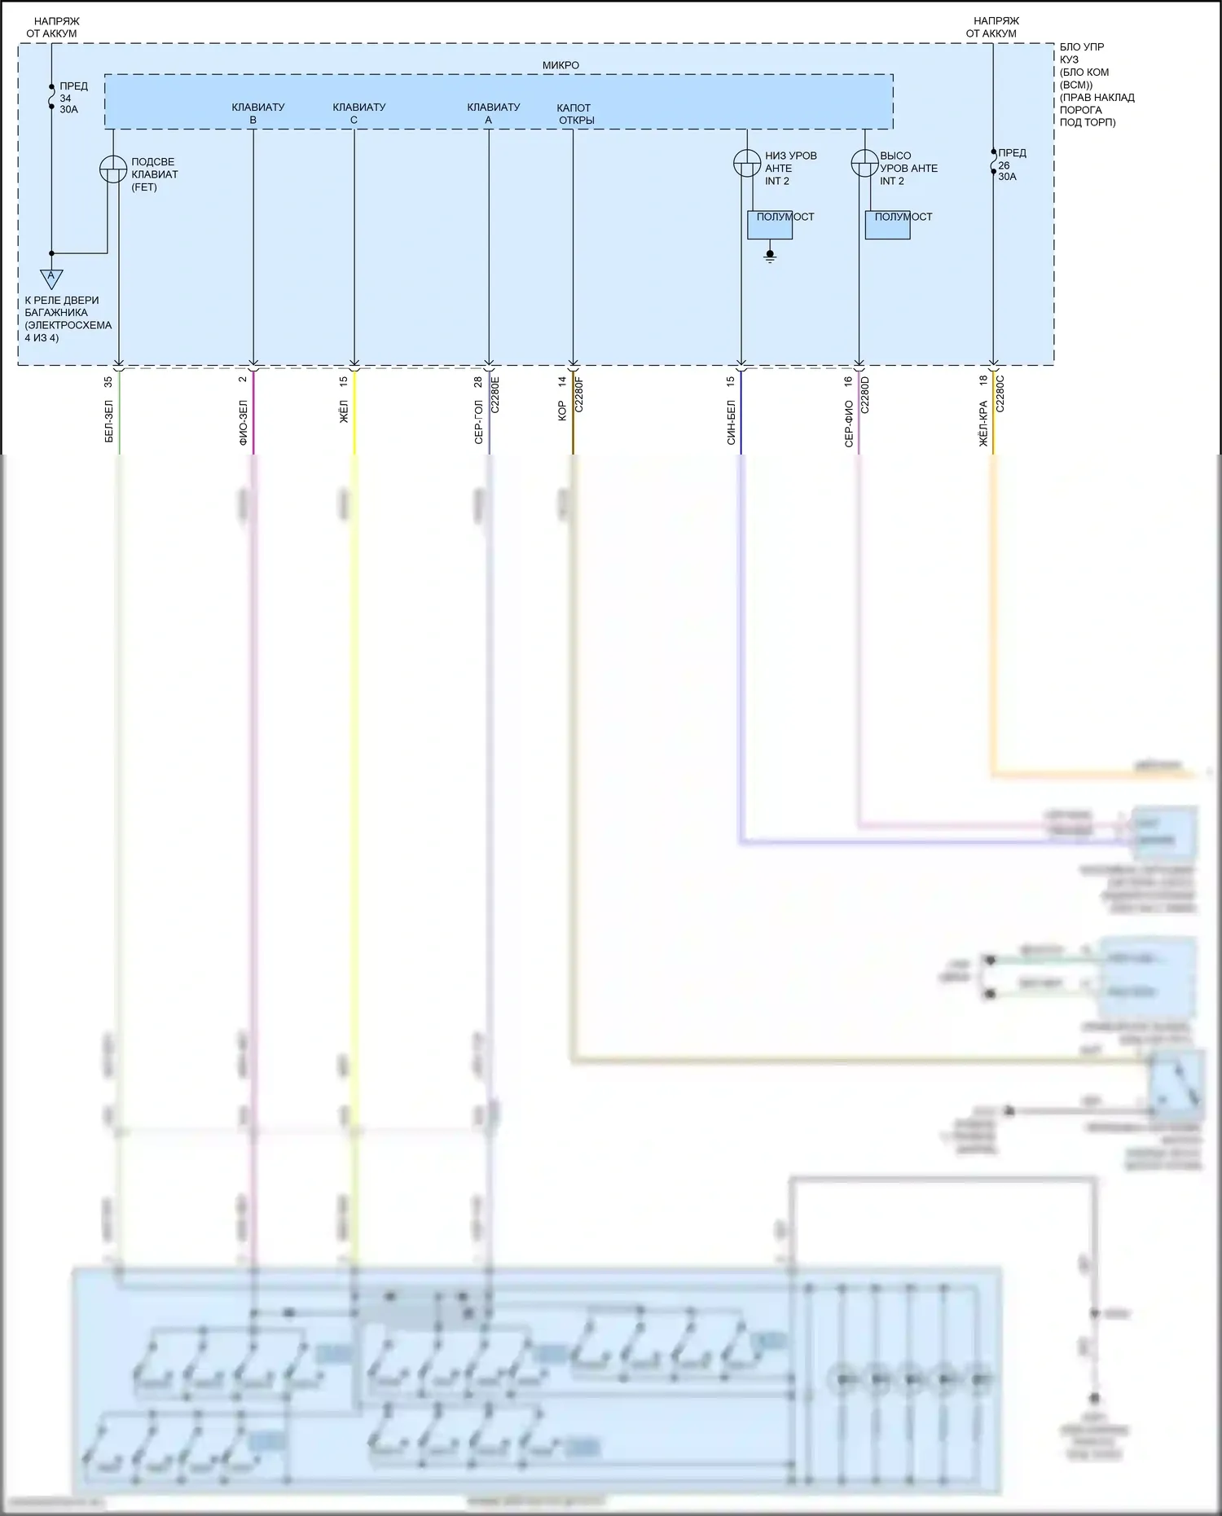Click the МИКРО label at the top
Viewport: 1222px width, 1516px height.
click(x=560, y=65)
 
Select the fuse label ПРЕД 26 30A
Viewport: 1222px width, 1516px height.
click(x=1011, y=165)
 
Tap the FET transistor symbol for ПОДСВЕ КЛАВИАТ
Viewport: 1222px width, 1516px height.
click(x=113, y=169)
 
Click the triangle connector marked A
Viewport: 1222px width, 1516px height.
click(x=51, y=278)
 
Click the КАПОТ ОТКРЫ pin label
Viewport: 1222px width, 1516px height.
click(x=575, y=114)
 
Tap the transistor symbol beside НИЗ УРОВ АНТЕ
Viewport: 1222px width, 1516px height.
click(x=747, y=163)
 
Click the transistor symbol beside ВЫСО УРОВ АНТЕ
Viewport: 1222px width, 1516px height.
click(x=864, y=163)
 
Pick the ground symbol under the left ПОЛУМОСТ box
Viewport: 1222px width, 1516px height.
click(x=770, y=257)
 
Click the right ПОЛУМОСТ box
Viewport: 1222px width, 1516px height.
click(x=887, y=225)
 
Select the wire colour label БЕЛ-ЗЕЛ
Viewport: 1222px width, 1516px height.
click(x=109, y=421)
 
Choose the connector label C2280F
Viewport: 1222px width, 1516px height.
click(x=579, y=393)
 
